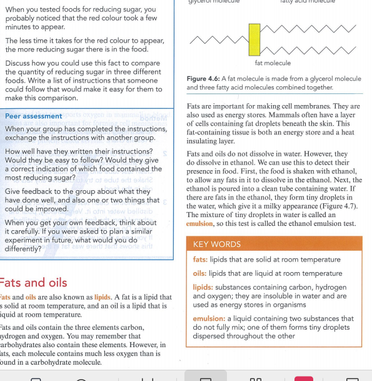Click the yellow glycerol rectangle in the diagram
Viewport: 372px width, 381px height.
coord(254,39)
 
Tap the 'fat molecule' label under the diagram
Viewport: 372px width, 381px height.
coord(273,63)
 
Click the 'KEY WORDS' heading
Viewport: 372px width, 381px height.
coord(216,245)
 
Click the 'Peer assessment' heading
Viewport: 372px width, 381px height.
coord(33,116)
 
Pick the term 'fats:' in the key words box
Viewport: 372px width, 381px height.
coord(200,260)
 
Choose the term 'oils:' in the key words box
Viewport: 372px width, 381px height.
coord(200,273)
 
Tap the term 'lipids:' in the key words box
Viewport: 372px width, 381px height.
coord(203,287)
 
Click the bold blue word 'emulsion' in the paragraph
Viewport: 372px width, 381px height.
coord(200,224)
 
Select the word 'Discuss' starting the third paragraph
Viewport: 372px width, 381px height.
coord(20,64)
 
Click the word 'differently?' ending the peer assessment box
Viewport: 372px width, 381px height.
coord(24,248)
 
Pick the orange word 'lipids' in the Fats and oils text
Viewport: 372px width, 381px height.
coord(103,297)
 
